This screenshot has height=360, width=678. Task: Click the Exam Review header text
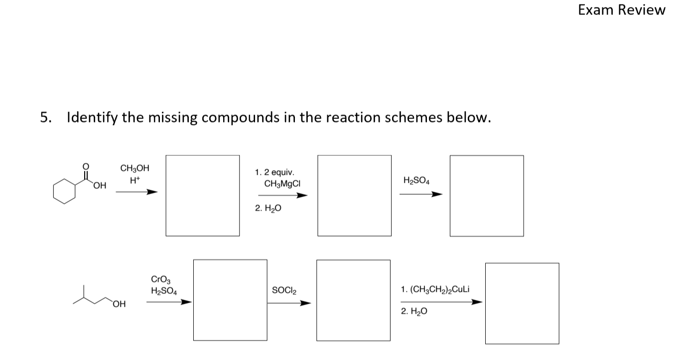(621, 10)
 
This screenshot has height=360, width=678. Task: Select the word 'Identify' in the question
(92, 118)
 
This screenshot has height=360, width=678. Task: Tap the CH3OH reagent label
(135, 169)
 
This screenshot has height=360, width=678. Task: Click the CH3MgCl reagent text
(282, 184)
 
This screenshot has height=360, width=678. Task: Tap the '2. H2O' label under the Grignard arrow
(268, 209)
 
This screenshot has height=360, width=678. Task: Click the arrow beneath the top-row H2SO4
(421, 195)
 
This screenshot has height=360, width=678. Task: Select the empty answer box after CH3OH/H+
(202, 196)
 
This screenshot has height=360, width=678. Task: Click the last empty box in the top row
(486, 196)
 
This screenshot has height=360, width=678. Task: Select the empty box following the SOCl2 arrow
(353, 300)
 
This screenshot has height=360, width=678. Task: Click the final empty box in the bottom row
(522, 303)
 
